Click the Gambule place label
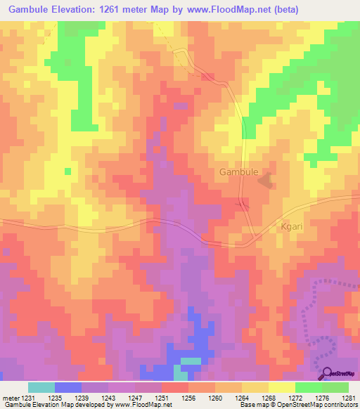point(239,171)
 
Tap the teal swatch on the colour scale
point(41,387)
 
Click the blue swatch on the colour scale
point(67,387)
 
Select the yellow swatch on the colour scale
point(281,387)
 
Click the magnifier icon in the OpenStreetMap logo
point(327,373)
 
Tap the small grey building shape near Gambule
point(266,181)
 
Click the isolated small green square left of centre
point(67,171)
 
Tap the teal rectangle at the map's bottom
point(191,361)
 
